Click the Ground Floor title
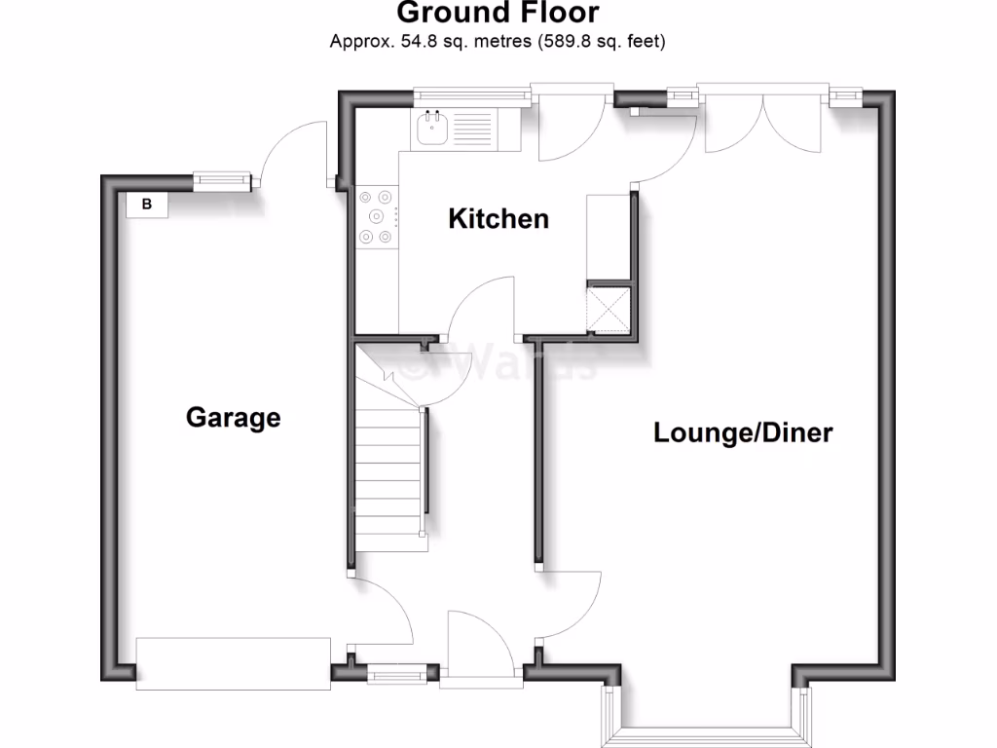click(498, 14)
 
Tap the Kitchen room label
click(498, 219)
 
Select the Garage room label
click(233, 418)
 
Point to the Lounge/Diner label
click(742, 432)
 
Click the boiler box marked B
click(147, 205)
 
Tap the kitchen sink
click(430, 129)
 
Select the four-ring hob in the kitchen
click(377, 215)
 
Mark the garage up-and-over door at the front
click(234, 664)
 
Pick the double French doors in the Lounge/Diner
click(765, 119)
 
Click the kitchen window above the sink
click(470, 95)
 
